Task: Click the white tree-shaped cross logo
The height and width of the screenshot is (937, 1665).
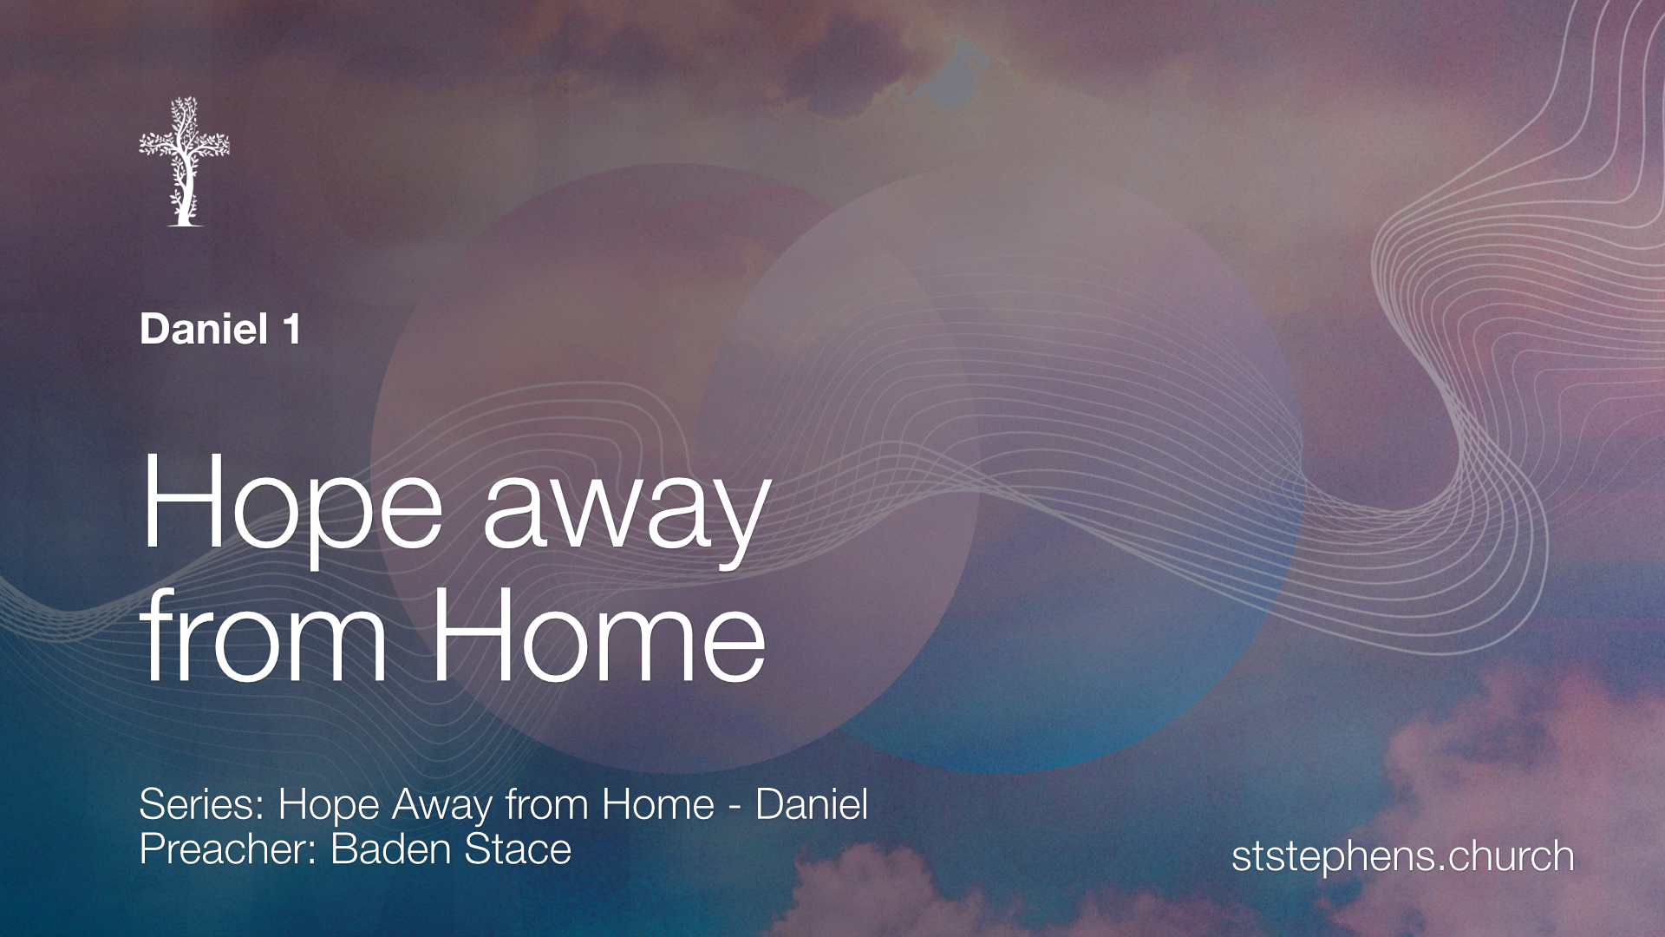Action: click(184, 161)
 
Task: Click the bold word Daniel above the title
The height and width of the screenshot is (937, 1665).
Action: click(204, 330)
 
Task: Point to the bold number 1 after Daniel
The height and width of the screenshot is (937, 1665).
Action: click(291, 330)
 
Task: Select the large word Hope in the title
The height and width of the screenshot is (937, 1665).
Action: click(292, 512)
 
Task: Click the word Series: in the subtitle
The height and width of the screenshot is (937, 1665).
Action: click(202, 804)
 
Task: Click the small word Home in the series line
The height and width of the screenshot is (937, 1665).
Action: click(658, 804)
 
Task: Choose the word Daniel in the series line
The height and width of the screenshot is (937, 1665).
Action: click(812, 804)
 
